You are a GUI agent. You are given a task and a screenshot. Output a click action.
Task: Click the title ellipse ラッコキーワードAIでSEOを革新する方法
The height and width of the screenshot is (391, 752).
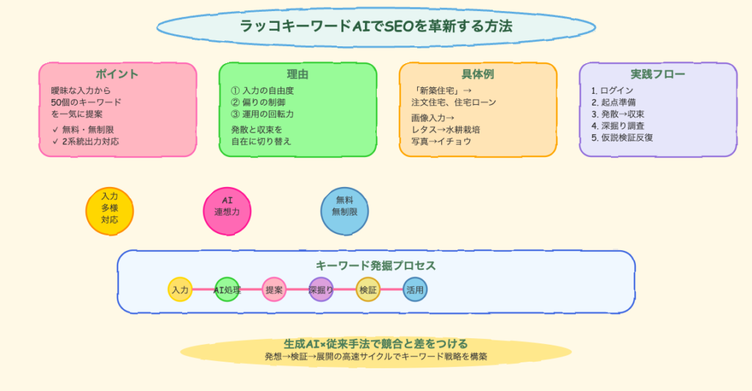pos(376,26)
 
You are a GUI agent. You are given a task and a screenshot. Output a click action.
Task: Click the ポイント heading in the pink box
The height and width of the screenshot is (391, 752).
pos(117,74)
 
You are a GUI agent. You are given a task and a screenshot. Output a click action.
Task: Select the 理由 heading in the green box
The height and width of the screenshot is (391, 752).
pos(297,74)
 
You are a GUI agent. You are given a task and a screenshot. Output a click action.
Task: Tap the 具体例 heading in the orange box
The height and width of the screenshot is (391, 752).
pos(477,74)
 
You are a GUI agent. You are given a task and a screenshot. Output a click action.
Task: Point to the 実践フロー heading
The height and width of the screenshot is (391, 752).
pos(657,74)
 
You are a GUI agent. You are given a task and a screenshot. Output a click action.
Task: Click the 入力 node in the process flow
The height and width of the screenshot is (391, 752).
pos(180,290)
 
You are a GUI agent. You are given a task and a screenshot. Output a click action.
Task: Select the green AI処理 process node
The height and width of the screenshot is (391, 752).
pos(227,290)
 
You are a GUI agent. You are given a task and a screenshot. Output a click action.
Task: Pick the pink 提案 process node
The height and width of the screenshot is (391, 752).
pos(274,290)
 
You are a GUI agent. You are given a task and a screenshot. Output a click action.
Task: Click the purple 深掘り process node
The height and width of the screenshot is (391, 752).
pos(321,290)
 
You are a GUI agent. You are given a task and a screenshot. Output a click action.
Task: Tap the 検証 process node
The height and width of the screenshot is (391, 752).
pos(368,290)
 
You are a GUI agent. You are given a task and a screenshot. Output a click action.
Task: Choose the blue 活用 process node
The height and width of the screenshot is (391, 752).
pos(415,290)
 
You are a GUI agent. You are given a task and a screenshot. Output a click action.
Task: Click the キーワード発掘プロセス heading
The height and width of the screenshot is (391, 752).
pos(376,266)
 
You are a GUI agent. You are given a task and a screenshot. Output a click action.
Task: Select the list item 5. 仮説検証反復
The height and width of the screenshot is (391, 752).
pos(622,137)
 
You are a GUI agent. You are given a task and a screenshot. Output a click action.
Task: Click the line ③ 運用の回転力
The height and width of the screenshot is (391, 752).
pos(262,114)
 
